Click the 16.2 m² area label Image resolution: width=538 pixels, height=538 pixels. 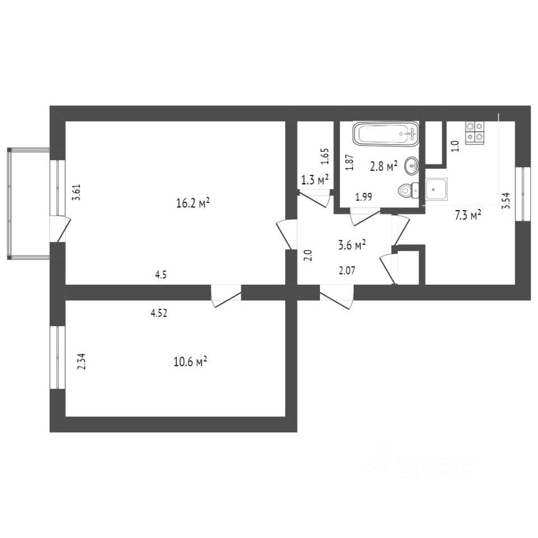pos(193,203)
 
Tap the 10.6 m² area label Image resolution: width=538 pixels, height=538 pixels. pos(191,361)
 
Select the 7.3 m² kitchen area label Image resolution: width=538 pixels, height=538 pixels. pos(467,215)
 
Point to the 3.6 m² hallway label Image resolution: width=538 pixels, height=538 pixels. pos(352,245)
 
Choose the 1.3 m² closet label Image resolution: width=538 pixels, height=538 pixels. pos(314,180)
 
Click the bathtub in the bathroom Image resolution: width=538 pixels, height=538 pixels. pos(386,134)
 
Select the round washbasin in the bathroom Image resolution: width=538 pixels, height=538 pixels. pos(412,165)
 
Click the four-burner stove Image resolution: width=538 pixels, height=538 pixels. pos(475,132)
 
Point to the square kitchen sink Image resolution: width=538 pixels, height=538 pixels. pos(436,189)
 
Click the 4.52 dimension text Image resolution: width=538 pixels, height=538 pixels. pos(159,313)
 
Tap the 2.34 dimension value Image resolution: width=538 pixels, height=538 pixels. pos(82,361)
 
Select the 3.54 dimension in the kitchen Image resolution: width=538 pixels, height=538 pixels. pos(506,201)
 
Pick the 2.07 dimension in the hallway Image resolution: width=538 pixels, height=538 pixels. pos(347,271)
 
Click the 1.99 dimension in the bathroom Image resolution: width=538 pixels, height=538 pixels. pos(364,197)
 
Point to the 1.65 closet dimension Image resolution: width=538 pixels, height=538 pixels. pos(326,156)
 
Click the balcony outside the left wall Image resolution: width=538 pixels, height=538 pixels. pos(29,203)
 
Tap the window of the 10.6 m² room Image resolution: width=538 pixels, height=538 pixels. pos(57,357)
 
